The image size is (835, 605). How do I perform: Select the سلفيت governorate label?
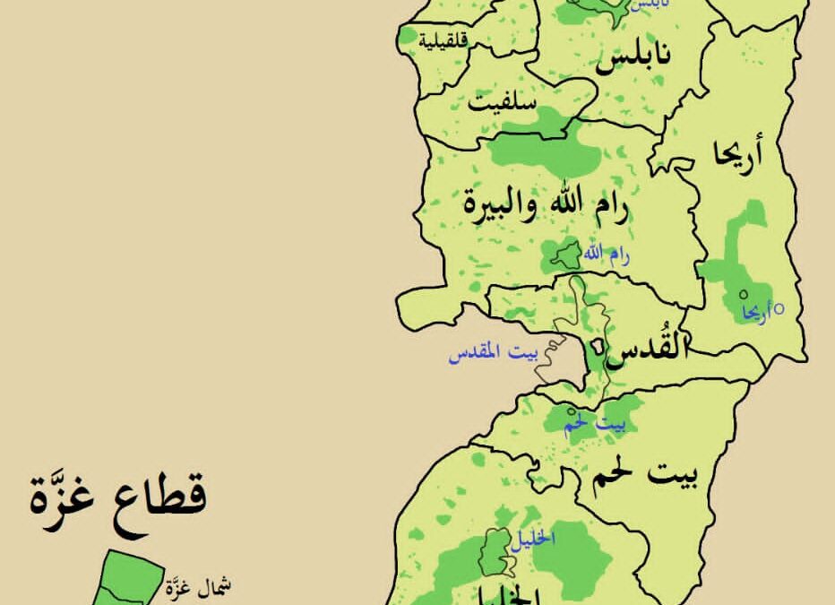[x=504, y=102]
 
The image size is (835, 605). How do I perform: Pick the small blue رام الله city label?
[x=607, y=255]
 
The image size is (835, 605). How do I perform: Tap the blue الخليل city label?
[x=535, y=539]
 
